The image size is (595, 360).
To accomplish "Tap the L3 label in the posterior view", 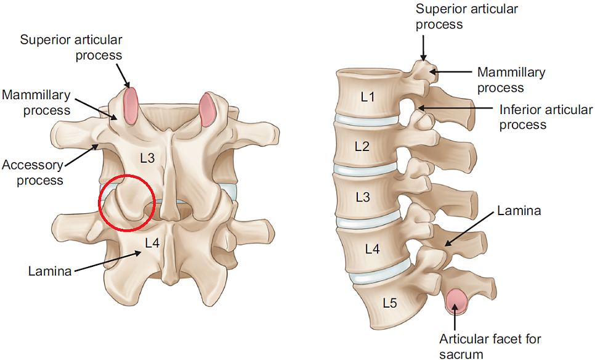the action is coord(147,158).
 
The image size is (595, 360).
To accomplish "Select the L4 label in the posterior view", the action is coord(152,243).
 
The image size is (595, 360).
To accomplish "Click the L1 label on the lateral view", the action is coord(367,97).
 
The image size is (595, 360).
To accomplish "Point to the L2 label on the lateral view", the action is coord(362,146).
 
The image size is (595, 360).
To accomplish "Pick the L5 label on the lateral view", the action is coord(390,303).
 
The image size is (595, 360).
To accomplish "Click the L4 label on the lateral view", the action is coord(372,249).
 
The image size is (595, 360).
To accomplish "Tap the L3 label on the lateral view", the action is coord(363,197).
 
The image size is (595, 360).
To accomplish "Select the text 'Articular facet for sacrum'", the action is coord(490,346).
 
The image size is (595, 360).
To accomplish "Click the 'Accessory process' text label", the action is coord(33,173).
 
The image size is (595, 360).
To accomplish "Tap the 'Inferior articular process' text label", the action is coord(546,117).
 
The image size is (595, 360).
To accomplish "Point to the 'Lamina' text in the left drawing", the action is coord(50,271).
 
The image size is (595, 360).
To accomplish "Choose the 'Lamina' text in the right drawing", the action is coord(519,210).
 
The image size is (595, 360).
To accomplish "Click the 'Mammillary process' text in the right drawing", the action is coord(511,80).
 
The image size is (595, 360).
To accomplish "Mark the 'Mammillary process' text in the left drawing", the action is coord(36,102).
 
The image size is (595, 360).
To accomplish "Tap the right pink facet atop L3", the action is coord(207,109).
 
